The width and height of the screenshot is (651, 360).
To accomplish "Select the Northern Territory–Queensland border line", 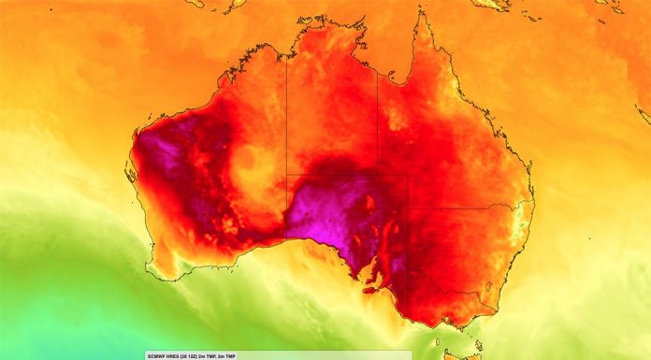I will tap(377, 112).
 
